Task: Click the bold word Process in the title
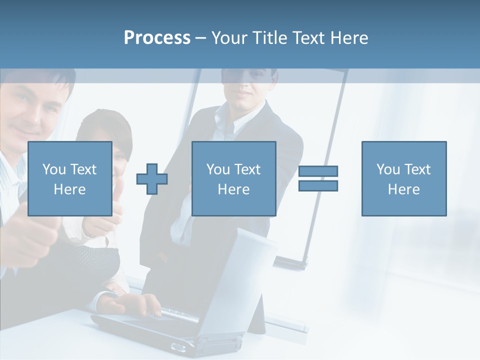pos(157,38)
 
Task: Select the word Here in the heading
pos(348,38)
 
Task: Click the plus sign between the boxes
pos(152,179)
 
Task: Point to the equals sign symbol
pos(318,178)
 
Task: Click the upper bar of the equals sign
pos(318,171)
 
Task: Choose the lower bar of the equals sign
pos(318,185)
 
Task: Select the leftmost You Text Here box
pos(70,178)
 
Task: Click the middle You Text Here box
pos(233,178)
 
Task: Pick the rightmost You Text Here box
pos(403,178)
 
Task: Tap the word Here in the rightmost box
pos(403,189)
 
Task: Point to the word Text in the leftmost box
pos(83,169)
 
